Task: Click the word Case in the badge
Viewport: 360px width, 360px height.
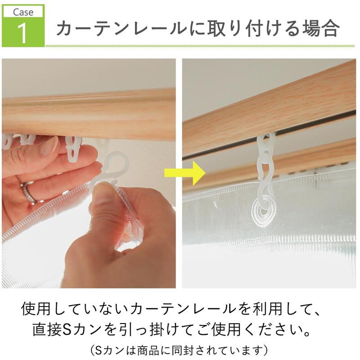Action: [x=23, y=12]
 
